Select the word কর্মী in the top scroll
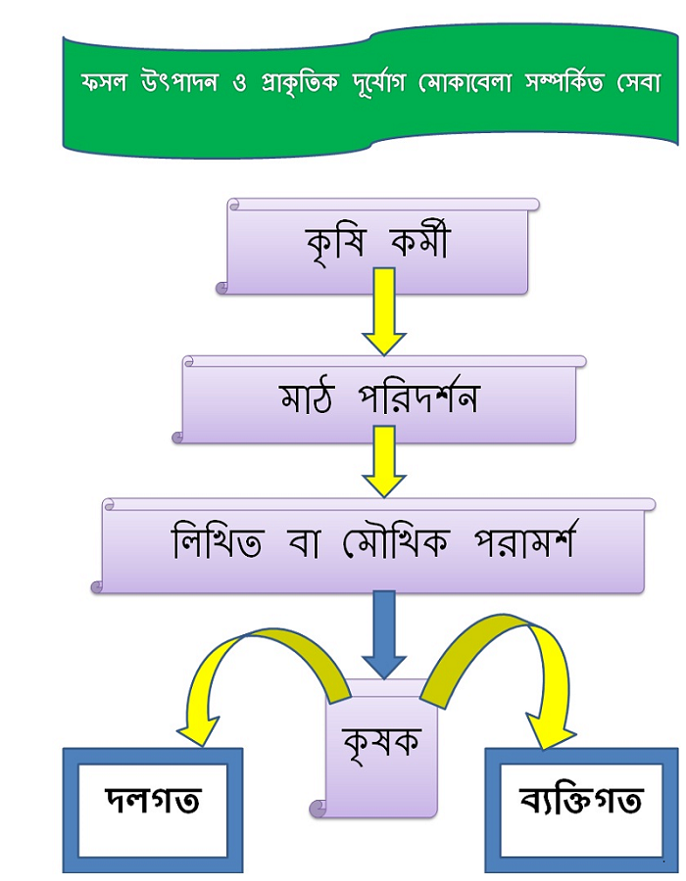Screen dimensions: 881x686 coord(416,240)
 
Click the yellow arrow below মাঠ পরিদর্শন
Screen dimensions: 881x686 coord(384,461)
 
